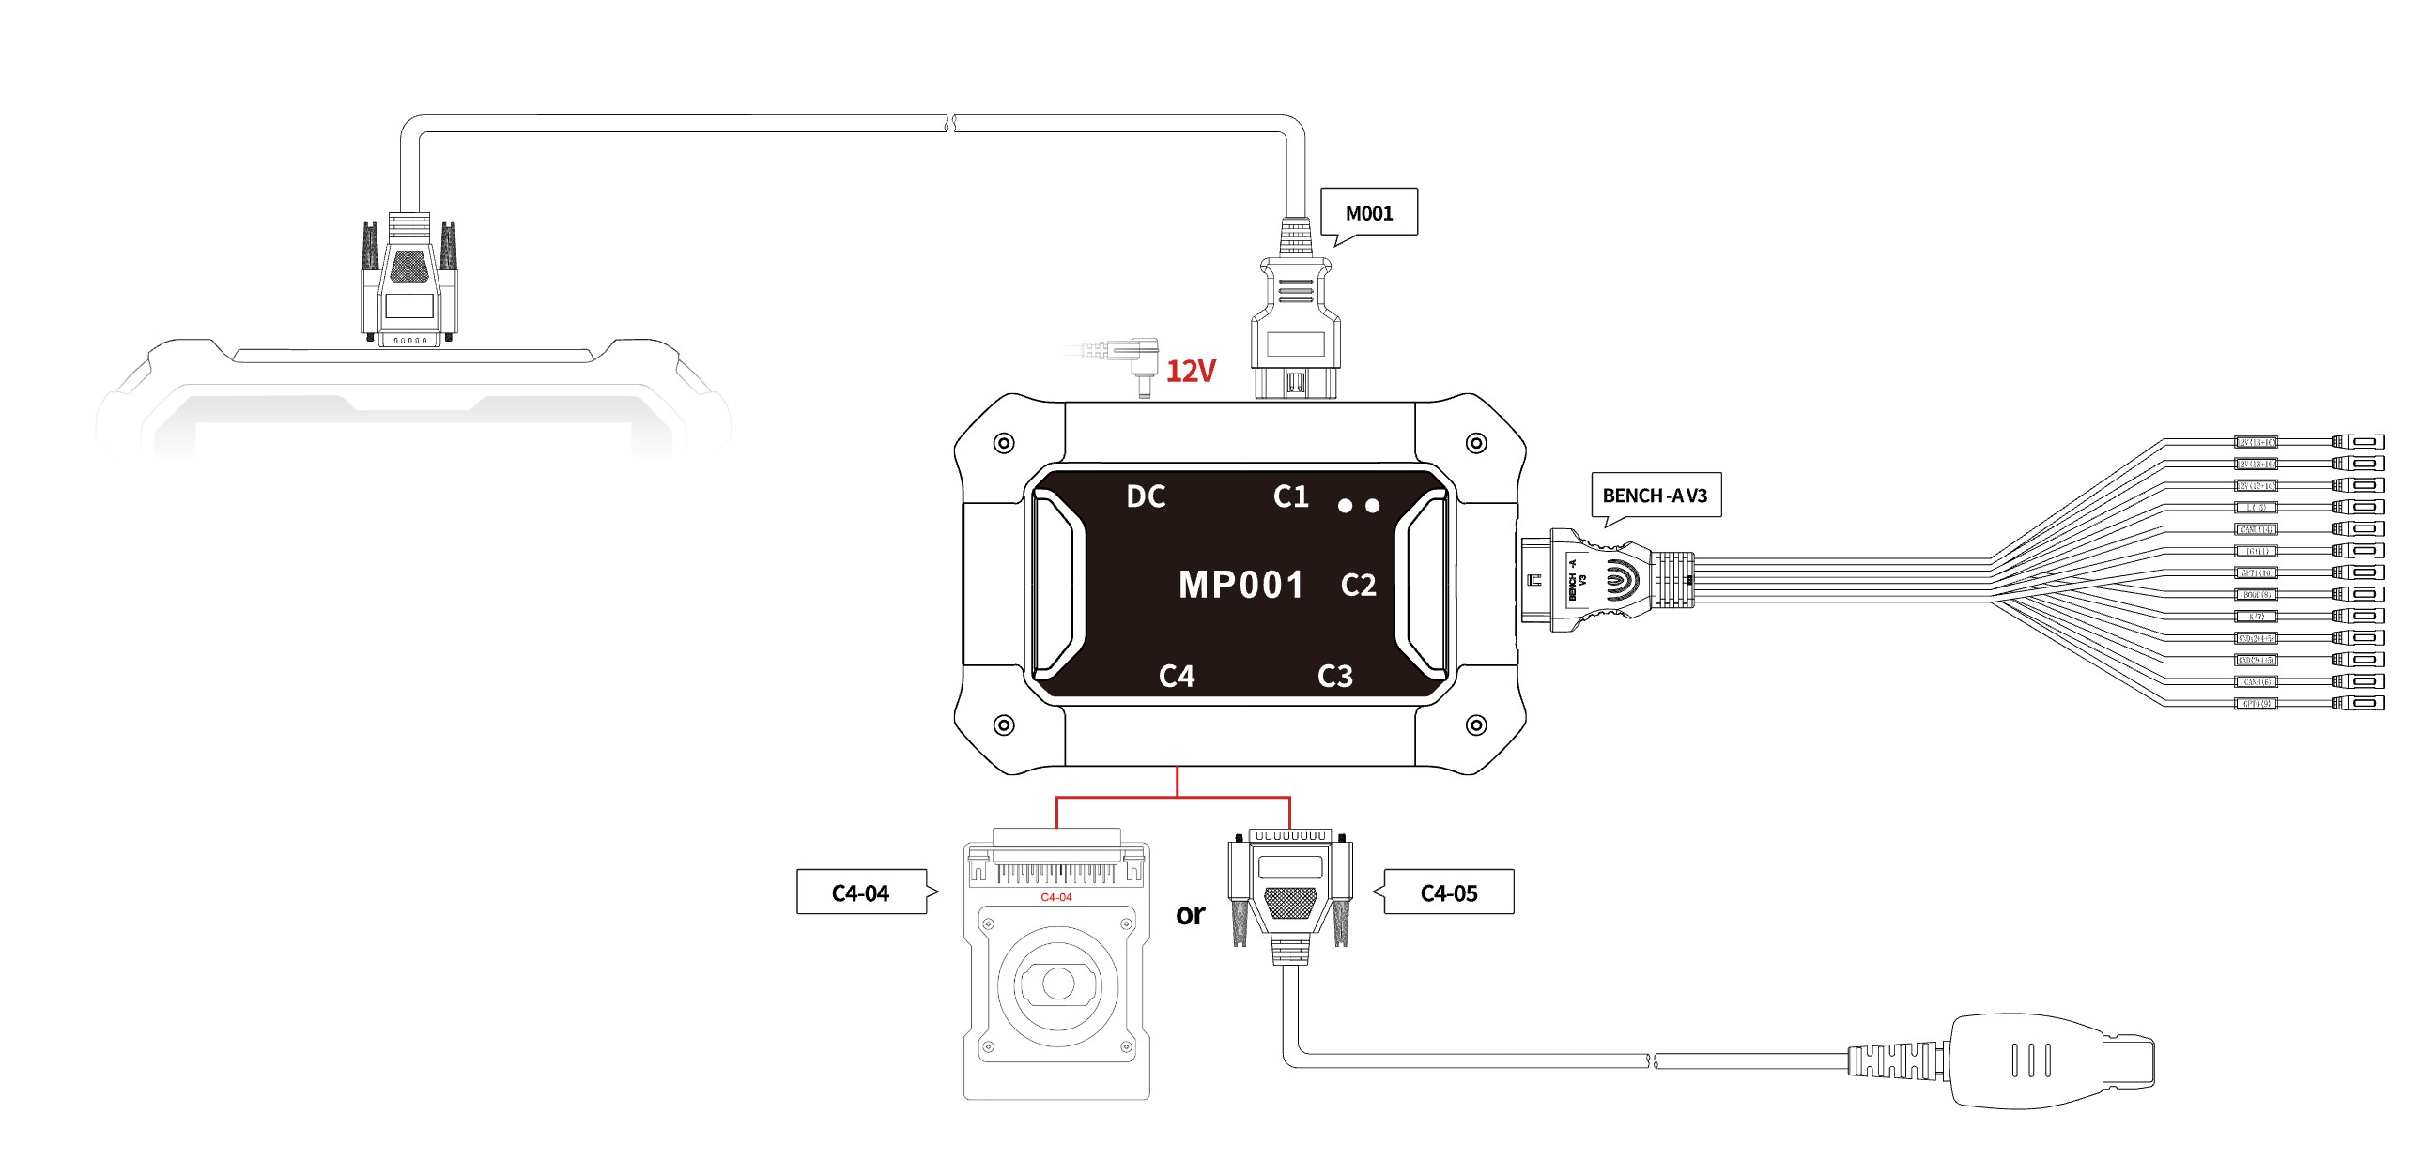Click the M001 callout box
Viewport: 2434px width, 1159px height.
(x=1368, y=212)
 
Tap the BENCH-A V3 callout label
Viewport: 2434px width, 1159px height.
(x=1656, y=495)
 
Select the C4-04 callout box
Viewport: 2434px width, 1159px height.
(x=860, y=892)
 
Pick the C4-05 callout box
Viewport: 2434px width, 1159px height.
(x=1449, y=892)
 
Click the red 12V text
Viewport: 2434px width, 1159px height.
(x=1191, y=372)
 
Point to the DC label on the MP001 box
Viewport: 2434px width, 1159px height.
(x=1147, y=496)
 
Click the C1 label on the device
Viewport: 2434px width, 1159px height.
(x=1290, y=496)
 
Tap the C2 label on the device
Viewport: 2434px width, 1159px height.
(x=1359, y=586)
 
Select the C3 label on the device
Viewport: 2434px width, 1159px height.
(x=1335, y=677)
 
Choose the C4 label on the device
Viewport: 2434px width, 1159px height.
(x=1177, y=677)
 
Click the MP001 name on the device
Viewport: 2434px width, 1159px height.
(x=1240, y=586)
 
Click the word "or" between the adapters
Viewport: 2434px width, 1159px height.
(x=1191, y=914)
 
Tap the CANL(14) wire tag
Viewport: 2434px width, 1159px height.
(x=2256, y=529)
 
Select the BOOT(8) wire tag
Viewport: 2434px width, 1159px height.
(x=2256, y=594)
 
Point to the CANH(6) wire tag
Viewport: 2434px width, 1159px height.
(x=2256, y=681)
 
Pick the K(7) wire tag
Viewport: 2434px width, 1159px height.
(x=2256, y=616)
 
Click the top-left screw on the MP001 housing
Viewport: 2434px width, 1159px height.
(x=1004, y=443)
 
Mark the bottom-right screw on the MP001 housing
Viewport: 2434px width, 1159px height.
(x=1476, y=725)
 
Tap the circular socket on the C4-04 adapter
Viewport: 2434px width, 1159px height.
(x=1057, y=984)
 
